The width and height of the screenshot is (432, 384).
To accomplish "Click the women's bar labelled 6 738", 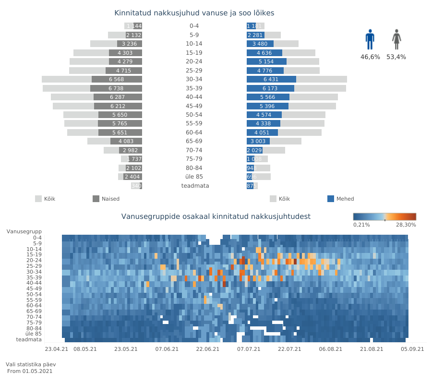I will point(116,88).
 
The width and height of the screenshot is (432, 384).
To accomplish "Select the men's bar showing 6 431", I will point(271,79).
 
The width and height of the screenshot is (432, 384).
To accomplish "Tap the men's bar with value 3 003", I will point(258,141).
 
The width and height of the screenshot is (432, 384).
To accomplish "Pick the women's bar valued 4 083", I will point(126,141).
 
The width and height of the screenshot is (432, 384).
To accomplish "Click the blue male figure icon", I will point(370,39).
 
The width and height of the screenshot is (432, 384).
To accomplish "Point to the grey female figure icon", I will point(396,39).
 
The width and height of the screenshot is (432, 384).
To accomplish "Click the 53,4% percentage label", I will point(396,57).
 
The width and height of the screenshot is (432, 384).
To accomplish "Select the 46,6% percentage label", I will point(370,57).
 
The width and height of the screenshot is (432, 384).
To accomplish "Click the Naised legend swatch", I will point(96,199).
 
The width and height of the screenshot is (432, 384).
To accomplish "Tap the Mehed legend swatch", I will point(331,199).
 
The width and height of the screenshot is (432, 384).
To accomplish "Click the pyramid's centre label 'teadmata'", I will point(195,186).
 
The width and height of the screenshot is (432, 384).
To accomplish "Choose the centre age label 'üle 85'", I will point(194,177).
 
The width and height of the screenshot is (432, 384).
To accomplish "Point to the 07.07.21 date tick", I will point(249,349).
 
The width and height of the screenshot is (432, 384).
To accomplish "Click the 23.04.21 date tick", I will point(57,349).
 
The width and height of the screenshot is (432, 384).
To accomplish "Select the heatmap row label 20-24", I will point(34,260).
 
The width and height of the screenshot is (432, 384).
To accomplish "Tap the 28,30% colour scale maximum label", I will point(406,225).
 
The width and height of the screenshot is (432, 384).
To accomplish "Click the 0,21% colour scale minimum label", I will point(361,225).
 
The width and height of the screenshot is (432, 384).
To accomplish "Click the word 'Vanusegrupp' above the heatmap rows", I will point(24,231).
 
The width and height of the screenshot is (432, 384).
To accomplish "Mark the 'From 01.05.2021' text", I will point(30,371).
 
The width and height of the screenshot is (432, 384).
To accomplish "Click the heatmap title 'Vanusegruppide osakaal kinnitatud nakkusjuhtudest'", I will point(216,216).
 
